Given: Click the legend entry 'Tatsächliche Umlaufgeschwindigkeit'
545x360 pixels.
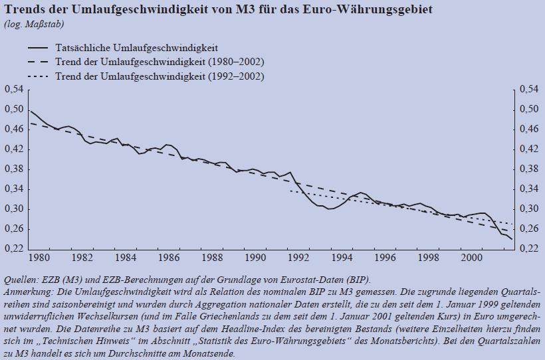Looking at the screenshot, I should [142, 48].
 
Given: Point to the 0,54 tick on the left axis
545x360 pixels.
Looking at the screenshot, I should [13, 89].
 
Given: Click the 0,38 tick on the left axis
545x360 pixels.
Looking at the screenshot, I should [13, 169].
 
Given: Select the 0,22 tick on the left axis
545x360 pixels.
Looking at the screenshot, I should [13, 248].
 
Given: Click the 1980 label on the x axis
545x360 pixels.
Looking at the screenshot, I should [40, 257].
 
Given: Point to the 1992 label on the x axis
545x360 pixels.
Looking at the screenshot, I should [298, 257].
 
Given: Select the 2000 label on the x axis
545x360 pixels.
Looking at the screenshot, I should [471, 257].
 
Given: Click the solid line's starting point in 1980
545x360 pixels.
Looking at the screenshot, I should [31, 110].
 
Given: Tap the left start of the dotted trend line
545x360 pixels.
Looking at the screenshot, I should [290, 191].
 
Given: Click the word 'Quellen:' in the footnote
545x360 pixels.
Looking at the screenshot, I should [20, 279].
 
